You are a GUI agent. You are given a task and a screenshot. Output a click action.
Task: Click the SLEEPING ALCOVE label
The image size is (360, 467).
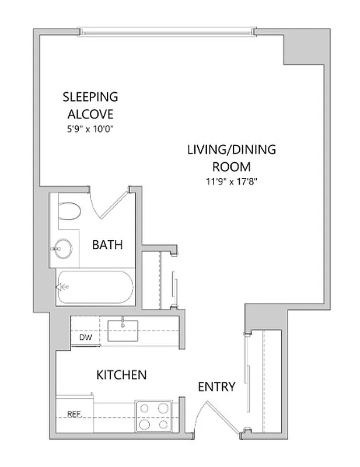coord(90,104)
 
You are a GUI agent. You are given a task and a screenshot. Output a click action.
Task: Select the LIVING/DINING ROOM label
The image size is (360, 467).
coord(231,158)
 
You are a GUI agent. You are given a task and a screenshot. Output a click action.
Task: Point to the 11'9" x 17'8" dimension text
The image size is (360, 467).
coord(232,181)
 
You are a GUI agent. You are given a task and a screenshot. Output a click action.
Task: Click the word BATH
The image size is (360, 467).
coord(107,245)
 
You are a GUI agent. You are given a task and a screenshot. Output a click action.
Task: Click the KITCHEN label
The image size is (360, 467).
coord(121,374)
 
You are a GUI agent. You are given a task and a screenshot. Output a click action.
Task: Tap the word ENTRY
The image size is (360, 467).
coord(216,386)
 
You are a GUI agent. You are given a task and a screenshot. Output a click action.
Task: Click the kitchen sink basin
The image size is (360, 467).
coord(124,331)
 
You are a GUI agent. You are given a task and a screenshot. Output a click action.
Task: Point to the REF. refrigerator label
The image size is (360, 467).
coord(74,415)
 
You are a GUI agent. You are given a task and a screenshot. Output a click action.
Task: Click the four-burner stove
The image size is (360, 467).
coord(153,415)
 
